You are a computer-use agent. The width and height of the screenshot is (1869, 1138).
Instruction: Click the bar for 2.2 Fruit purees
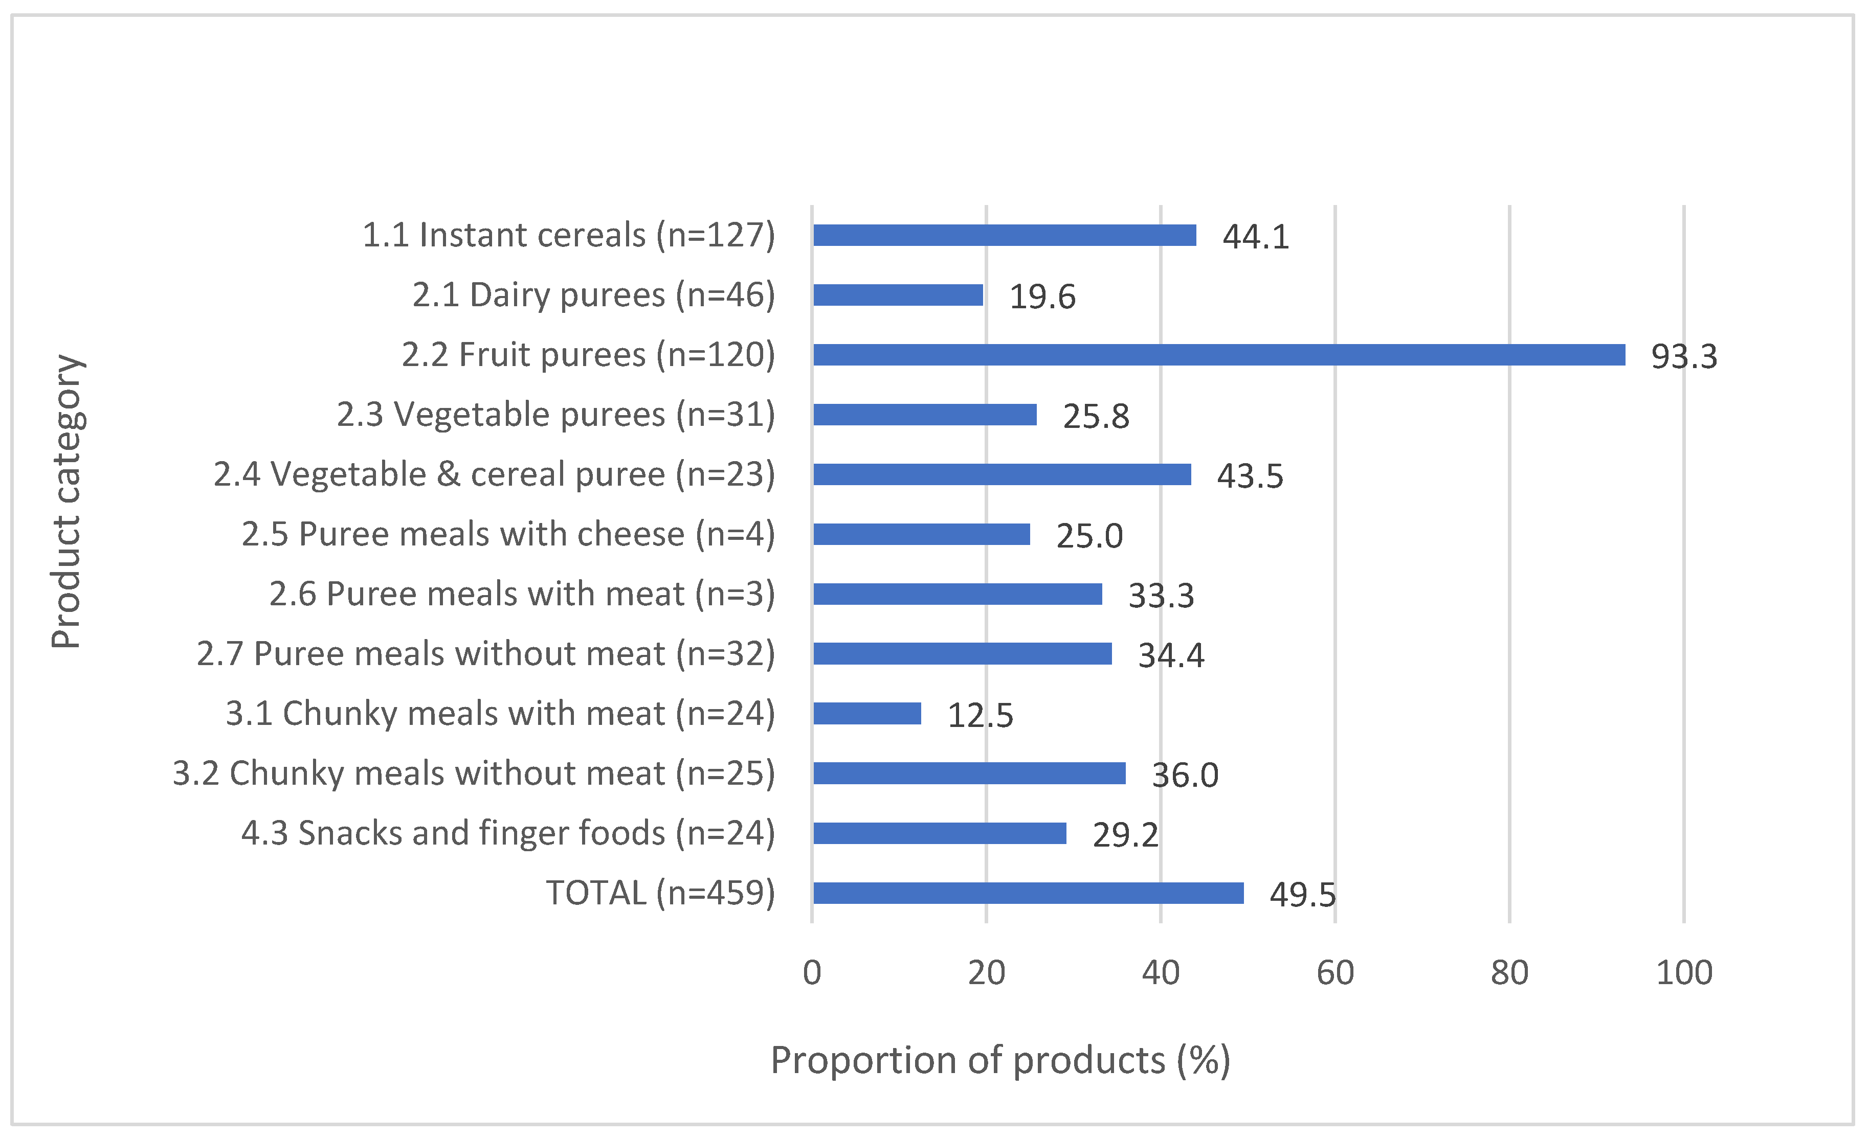click(x=1218, y=355)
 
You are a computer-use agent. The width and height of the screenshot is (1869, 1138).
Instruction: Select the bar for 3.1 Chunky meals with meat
click(x=867, y=714)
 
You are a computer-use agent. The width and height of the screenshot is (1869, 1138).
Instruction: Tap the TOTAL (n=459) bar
click(x=1028, y=893)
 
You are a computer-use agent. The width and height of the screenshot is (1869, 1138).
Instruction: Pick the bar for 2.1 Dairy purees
click(x=898, y=295)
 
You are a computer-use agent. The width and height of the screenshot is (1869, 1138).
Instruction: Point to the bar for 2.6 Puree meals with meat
click(x=957, y=594)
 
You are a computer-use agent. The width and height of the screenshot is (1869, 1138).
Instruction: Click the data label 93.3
click(x=1684, y=356)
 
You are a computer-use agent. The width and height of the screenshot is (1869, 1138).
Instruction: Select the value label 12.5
click(x=980, y=715)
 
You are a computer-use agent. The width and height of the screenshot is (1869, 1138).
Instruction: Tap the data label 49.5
click(x=1302, y=895)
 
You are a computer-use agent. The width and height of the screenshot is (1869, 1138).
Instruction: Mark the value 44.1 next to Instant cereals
click(x=1255, y=237)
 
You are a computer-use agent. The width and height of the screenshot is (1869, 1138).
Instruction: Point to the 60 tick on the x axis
click(x=1335, y=973)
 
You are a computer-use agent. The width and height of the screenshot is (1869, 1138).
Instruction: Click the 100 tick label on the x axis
click(x=1684, y=973)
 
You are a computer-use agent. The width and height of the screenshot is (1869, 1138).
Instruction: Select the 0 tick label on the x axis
click(x=812, y=973)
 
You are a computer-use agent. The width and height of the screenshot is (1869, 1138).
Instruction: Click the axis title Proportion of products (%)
click(x=1000, y=1060)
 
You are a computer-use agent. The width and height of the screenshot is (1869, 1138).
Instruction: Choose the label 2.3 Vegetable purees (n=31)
click(x=556, y=415)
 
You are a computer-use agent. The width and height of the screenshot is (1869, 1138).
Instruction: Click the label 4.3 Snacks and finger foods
click(x=508, y=833)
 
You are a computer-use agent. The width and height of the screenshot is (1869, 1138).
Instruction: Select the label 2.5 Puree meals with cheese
click(x=508, y=535)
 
